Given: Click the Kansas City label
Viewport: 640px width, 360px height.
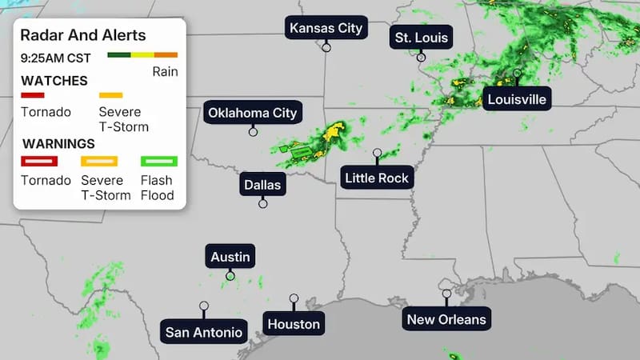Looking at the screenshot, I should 326,28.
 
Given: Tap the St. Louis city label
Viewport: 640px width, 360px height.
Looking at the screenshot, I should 422,37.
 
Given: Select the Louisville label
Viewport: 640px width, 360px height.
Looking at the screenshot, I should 516,99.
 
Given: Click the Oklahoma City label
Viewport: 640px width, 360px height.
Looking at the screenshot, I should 253,113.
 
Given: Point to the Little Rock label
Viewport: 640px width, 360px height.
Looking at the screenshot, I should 377,178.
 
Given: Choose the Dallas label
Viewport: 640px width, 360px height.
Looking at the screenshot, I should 262,185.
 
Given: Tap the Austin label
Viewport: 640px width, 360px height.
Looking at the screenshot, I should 230,257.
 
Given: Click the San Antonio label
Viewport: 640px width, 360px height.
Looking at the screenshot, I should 204,331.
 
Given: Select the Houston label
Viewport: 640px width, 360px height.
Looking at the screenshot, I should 294,323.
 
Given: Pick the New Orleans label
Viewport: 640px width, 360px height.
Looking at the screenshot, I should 446,319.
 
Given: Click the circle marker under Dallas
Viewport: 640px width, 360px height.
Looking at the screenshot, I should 262,204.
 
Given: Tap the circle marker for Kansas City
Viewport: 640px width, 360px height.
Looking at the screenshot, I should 326,47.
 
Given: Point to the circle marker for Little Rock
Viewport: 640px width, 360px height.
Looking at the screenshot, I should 377,152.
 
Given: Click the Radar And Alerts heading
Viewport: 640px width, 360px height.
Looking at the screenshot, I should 82,35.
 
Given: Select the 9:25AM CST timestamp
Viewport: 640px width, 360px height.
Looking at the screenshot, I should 56,58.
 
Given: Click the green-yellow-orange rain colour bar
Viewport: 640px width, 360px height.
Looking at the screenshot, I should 142,55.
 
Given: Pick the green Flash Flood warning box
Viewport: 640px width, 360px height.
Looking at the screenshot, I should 158,161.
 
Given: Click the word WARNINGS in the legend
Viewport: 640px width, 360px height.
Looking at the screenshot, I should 58,144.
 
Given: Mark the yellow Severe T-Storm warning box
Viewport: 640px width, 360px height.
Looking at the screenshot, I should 99,161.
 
